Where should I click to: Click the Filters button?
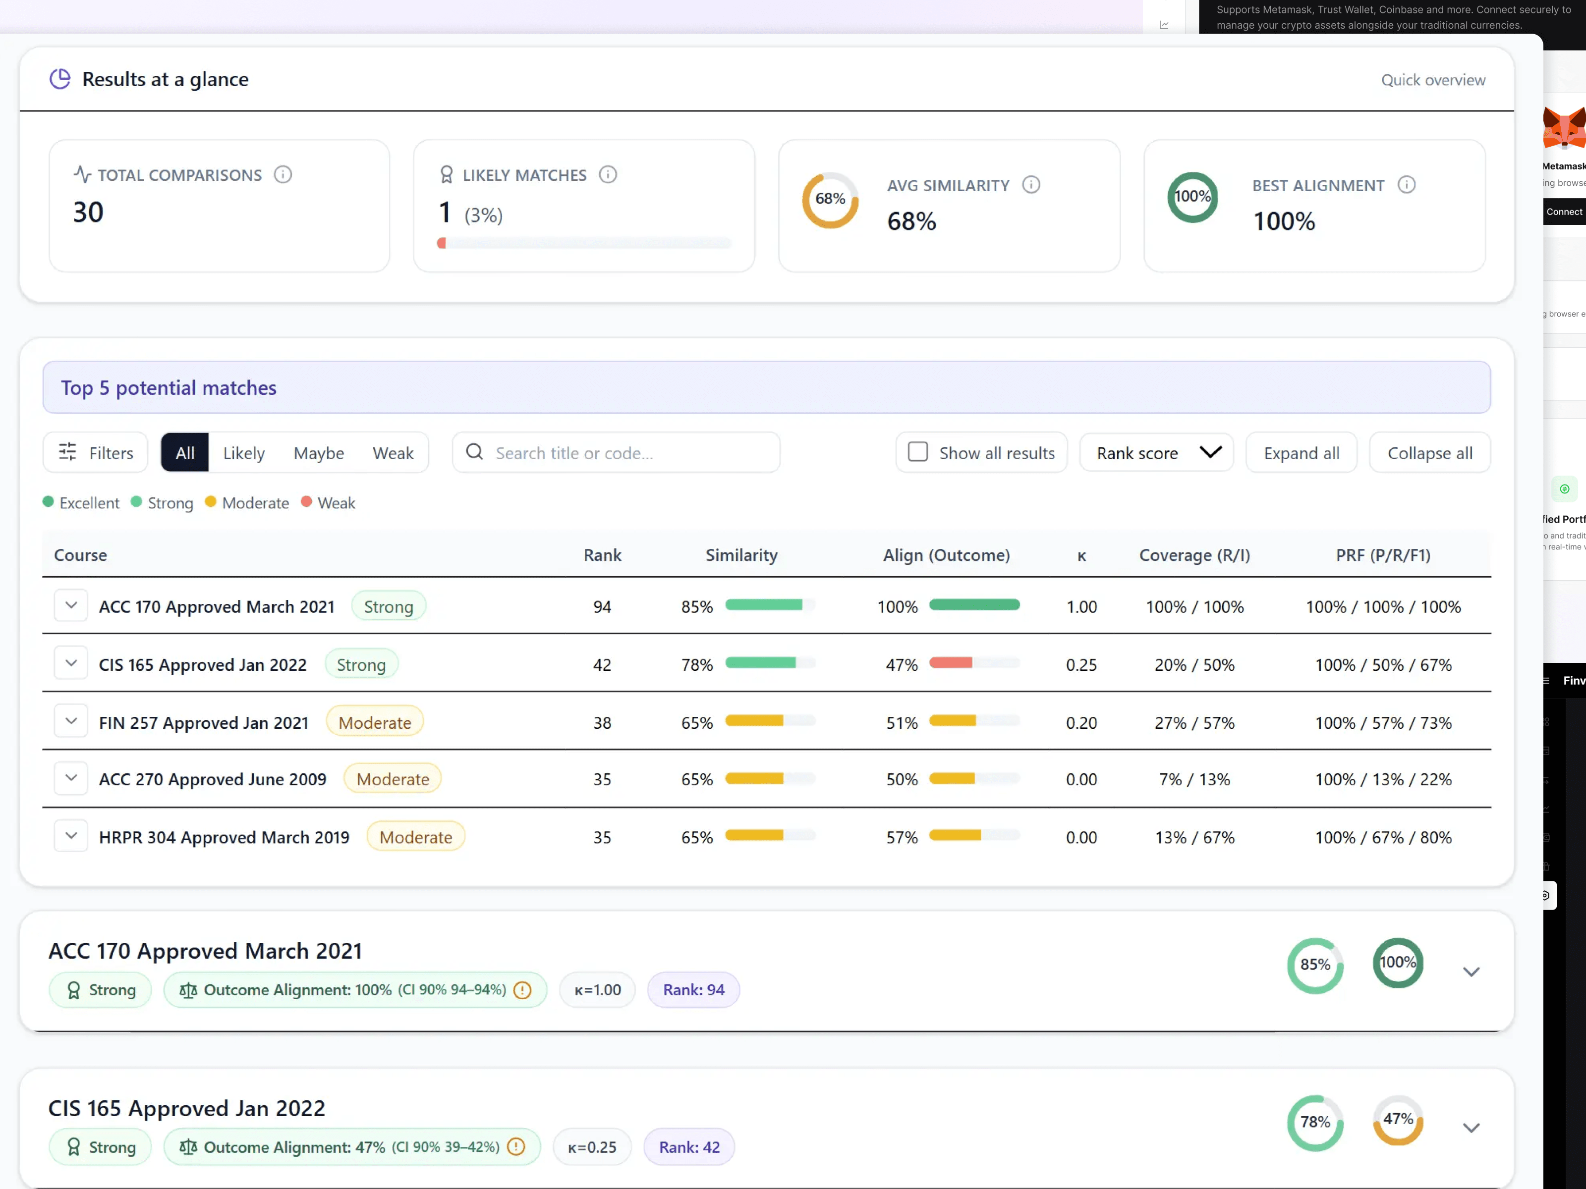point(96,453)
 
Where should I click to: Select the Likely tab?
point(244,453)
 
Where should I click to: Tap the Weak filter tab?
point(393,453)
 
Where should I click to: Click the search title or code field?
point(617,453)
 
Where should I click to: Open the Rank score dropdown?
point(1156,453)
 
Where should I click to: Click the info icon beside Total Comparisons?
point(283,175)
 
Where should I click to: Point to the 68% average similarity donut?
point(830,199)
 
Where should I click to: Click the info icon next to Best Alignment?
point(1406,185)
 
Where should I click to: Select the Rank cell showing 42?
point(602,665)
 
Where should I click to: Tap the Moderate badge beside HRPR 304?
point(415,837)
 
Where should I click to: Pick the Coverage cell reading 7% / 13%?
point(1194,780)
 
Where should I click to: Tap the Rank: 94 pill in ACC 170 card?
point(693,990)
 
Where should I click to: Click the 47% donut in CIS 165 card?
point(1398,1120)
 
